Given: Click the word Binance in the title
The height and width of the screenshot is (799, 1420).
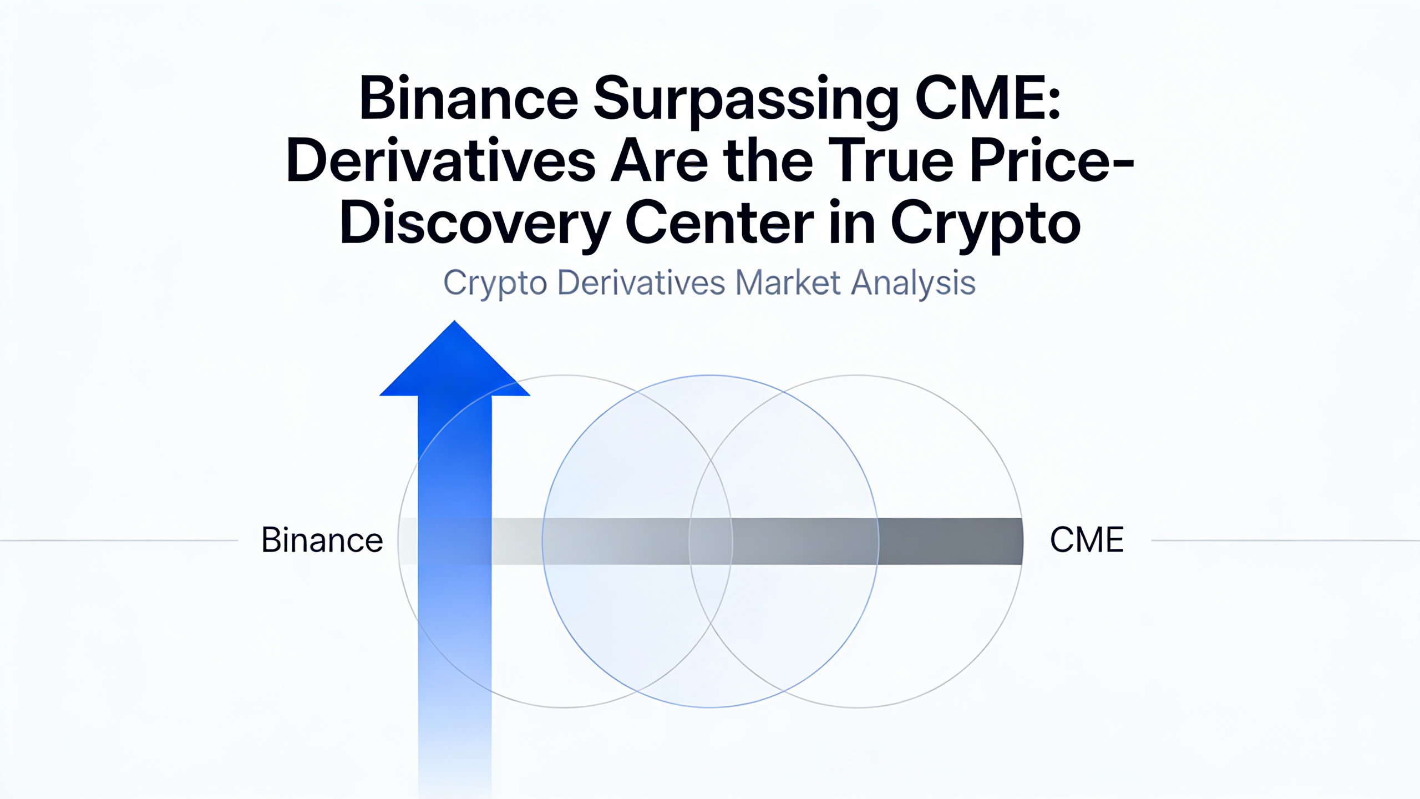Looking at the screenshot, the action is pos(469,99).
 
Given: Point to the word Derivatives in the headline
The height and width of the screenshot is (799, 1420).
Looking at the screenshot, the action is pos(441,160).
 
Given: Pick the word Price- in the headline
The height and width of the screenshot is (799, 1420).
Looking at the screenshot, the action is pos(1051,160).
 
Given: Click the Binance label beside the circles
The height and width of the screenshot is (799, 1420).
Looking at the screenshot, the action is pos(322,540).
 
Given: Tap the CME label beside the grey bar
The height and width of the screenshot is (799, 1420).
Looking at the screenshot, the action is pos(1087,540).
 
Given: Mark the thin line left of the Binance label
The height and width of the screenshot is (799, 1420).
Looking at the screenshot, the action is pos(119,540).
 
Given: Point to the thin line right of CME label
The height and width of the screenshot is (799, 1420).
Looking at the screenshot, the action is pos(1286,540).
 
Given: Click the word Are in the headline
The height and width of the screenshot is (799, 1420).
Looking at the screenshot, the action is pos(660,160).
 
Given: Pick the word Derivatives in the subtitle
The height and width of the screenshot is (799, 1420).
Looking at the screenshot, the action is pos(641,283).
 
